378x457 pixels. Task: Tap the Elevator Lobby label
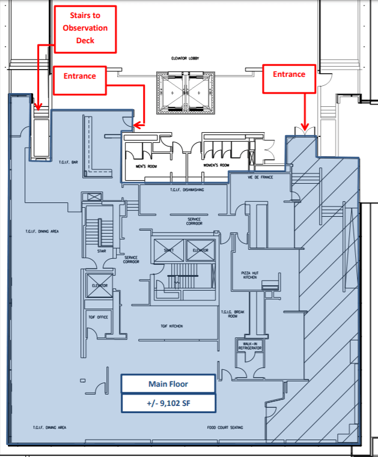(185, 59)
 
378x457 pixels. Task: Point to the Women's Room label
(216, 165)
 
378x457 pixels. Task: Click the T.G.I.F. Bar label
(69, 162)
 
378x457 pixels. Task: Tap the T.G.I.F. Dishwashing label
(183, 189)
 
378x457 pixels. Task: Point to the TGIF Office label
(98, 316)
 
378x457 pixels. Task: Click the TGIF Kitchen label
(171, 326)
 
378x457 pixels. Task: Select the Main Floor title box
(168, 384)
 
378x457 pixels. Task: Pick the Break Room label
(233, 315)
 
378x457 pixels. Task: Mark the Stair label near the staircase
(102, 251)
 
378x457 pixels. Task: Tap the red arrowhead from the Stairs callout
(38, 109)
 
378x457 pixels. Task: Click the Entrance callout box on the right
(289, 78)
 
